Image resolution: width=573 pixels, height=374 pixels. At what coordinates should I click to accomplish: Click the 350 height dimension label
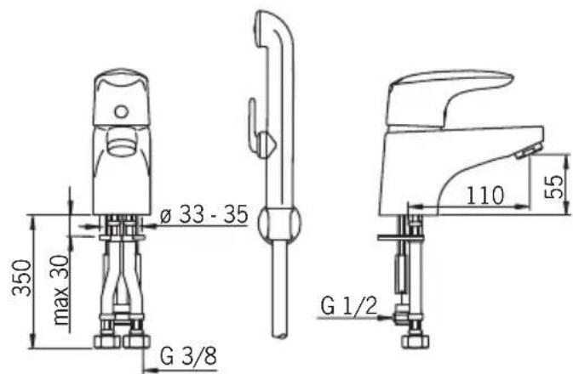23,276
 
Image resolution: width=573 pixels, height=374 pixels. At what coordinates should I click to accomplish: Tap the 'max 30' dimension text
61,290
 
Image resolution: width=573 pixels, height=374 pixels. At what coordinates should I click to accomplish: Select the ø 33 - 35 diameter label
204,214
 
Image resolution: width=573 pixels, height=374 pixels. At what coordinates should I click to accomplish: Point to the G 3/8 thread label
188,356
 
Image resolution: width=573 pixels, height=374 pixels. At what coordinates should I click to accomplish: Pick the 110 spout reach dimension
485,195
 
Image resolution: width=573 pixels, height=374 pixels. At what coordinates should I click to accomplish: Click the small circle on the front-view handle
121,111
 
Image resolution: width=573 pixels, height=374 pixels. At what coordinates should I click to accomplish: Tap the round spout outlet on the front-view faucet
121,141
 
